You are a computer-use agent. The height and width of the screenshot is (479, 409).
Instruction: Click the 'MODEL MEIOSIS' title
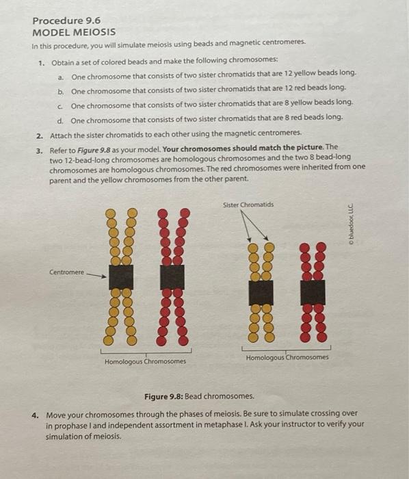[x=74, y=32]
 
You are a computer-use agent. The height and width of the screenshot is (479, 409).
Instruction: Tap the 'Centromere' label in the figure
[x=66, y=272]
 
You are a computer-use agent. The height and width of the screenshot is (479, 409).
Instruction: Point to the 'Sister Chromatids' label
[x=248, y=204]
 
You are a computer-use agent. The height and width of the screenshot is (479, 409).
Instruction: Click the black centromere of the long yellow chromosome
[x=121, y=277]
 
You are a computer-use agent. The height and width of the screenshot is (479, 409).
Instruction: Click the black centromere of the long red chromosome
[x=172, y=277]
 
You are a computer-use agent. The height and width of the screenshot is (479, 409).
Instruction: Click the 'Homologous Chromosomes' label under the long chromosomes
[x=145, y=361]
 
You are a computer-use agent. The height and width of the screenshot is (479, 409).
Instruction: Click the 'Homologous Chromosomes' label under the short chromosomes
[x=287, y=357]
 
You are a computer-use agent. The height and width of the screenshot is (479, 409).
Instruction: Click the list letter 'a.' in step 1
[x=62, y=75]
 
